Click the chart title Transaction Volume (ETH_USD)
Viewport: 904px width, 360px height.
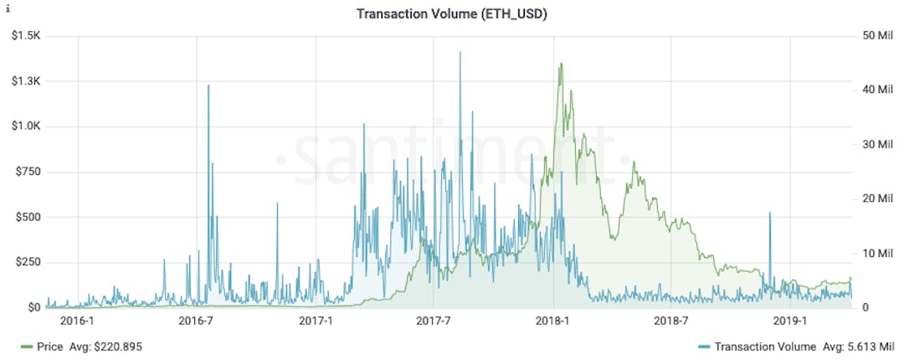coord(452,13)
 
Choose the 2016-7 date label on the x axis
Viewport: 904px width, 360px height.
coord(198,321)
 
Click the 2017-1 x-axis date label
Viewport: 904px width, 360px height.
coord(316,321)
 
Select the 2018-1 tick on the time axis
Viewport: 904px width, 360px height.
coord(553,321)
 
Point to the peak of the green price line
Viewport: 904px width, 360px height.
coord(560,64)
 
